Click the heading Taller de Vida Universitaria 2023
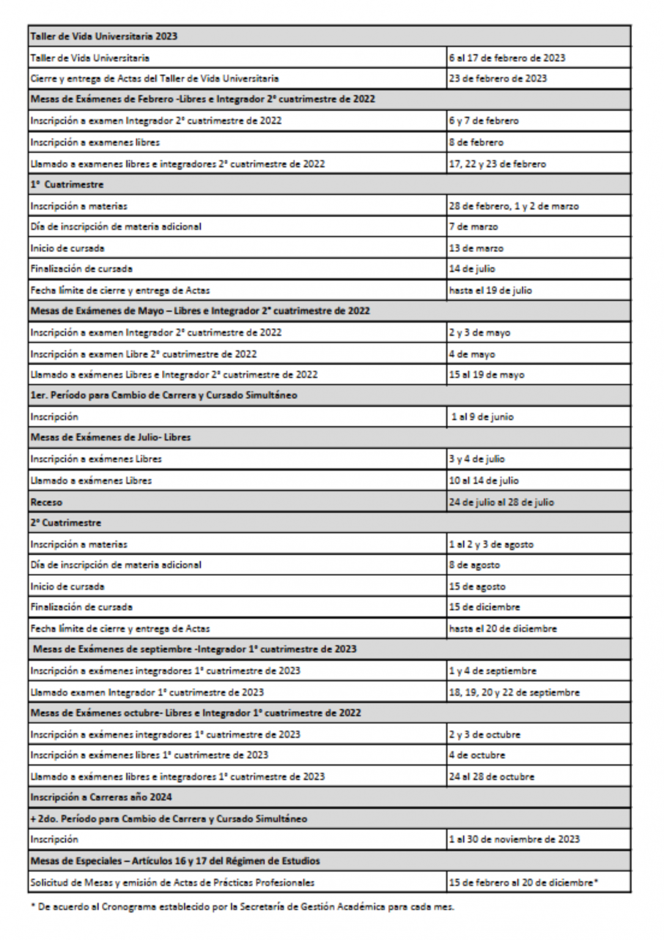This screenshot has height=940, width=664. (104, 36)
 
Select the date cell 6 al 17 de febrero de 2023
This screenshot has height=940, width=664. (507, 58)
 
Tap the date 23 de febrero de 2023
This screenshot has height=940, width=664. (498, 78)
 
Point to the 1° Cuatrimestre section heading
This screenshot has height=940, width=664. (67, 184)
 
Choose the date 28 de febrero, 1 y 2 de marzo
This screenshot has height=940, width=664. (514, 206)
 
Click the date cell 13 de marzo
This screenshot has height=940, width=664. (476, 248)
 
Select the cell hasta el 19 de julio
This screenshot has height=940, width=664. (490, 290)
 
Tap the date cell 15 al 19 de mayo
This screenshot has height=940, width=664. (487, 375)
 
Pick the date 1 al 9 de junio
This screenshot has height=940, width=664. (482, 417)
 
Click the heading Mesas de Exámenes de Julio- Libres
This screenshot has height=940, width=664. (111, 437)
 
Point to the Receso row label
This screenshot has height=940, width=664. (46, 502)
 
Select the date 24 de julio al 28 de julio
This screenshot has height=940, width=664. (501, 502)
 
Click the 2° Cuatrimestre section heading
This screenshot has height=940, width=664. (66, 523)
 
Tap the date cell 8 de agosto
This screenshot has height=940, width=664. (474, 565)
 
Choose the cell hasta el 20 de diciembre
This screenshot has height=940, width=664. (503, 629)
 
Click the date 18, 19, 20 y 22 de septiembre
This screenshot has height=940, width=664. (514, 692)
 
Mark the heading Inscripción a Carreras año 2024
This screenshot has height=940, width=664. (101, 797)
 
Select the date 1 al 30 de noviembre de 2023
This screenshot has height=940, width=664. (514, 839)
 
